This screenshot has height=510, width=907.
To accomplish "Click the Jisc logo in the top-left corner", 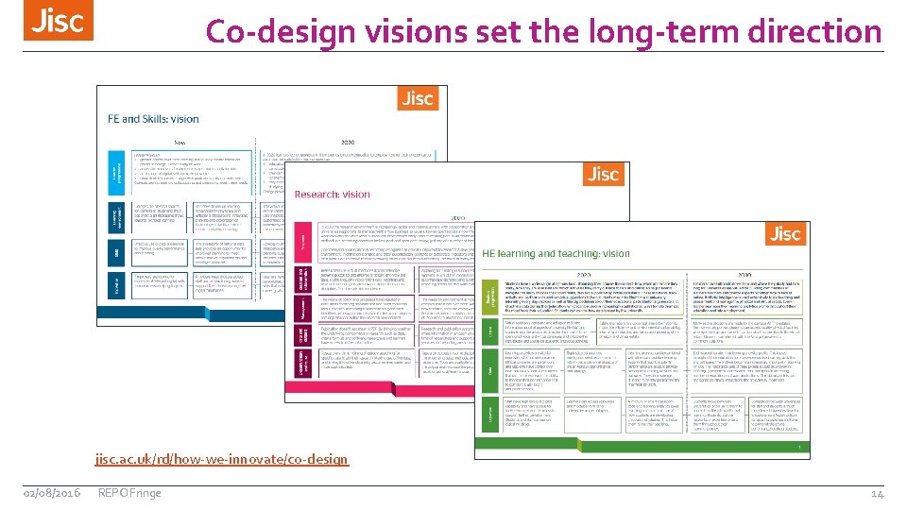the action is (59, 22).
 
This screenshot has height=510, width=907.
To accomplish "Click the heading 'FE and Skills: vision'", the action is (152, 119).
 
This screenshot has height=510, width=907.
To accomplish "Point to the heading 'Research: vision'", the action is (332, 194).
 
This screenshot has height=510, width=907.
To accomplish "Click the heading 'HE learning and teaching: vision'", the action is (556, 253).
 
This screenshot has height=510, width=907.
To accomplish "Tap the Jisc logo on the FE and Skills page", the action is (417, 98).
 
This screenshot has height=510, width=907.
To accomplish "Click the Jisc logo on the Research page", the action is (602, 174).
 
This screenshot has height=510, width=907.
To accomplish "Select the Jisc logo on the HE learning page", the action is (784, 233).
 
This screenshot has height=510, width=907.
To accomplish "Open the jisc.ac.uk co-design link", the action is (221, 459).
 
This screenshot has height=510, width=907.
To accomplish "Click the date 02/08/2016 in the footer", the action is (52, 492).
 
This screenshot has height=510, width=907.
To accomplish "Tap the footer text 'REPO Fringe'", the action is (129, 492).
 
